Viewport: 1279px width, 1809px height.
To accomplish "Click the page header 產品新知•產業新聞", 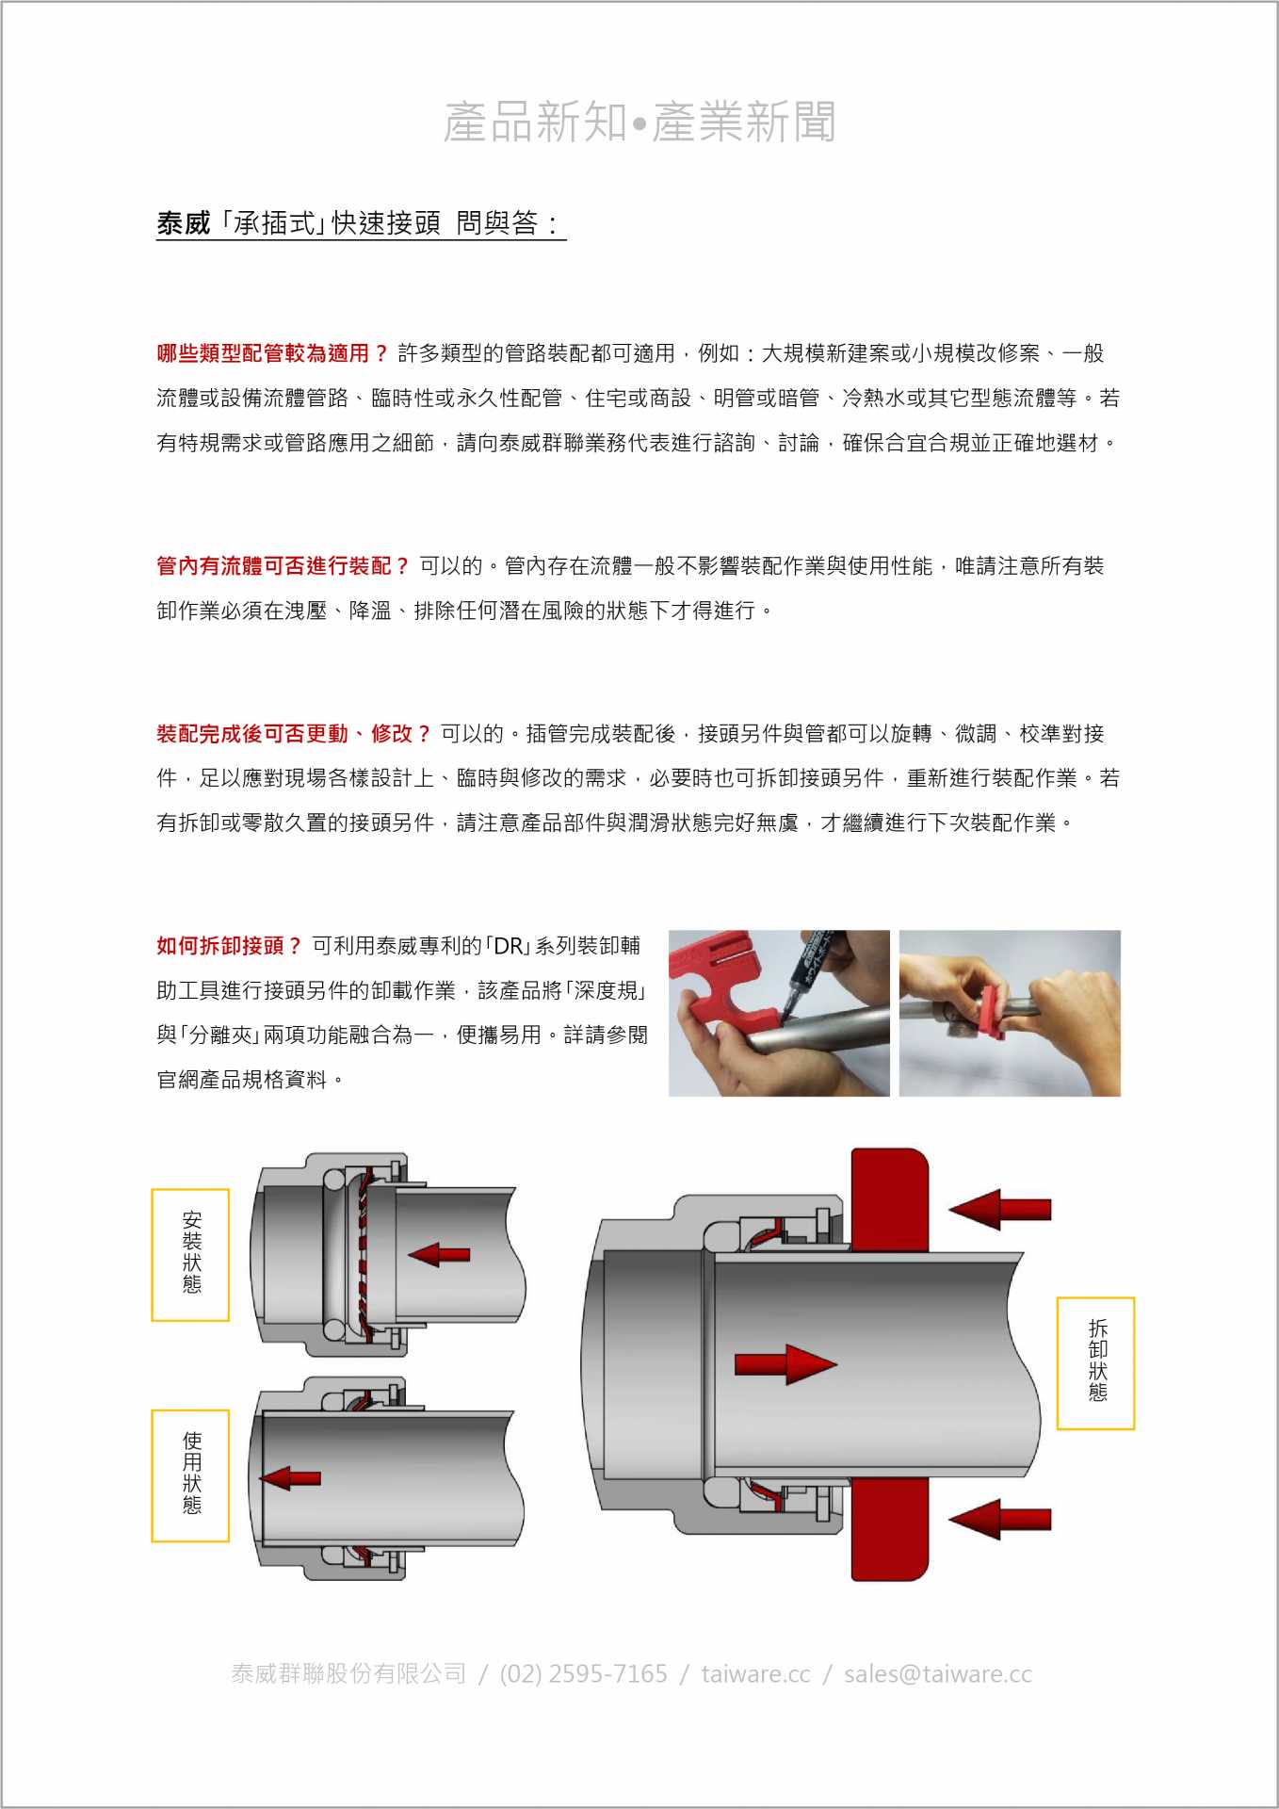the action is (x=639, y=122).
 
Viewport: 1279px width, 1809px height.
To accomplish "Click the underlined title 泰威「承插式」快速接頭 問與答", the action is (x=361, y=223).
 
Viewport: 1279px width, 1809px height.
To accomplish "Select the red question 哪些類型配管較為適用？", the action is (x=273, y=353).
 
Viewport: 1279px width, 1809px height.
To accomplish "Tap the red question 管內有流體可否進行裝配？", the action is (x=283, y=565).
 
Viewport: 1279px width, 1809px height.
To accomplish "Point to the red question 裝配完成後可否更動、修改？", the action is (x=294, y=733).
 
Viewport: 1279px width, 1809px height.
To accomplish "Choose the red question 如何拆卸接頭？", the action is (x=230, y=945).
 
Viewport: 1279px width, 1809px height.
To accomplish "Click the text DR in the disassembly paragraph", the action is (x=508, y=946).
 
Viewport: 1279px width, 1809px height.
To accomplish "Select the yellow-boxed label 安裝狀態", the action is (x=191, y=1254).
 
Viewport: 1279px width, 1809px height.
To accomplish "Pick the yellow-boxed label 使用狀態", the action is (x=191, y=1475).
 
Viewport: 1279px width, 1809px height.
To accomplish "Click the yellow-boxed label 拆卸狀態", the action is (x=1097, y=1362).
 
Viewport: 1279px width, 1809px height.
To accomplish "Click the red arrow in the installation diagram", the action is (x=439, y=1254).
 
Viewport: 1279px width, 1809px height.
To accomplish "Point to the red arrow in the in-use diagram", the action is (x=290, y=1478).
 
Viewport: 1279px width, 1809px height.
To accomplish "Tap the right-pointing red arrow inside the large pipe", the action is (x=785, y=1364).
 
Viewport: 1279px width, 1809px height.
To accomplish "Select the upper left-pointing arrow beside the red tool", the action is (x=999, y=1209).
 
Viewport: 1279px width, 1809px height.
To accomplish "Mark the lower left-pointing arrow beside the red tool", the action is (x=999, y=1519).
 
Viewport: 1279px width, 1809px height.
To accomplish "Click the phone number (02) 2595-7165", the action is (x=583, y=1674).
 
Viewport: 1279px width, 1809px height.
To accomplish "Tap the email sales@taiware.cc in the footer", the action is (x=938, y=1674).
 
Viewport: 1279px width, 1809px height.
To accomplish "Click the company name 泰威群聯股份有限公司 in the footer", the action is (x=348, y=1674).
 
